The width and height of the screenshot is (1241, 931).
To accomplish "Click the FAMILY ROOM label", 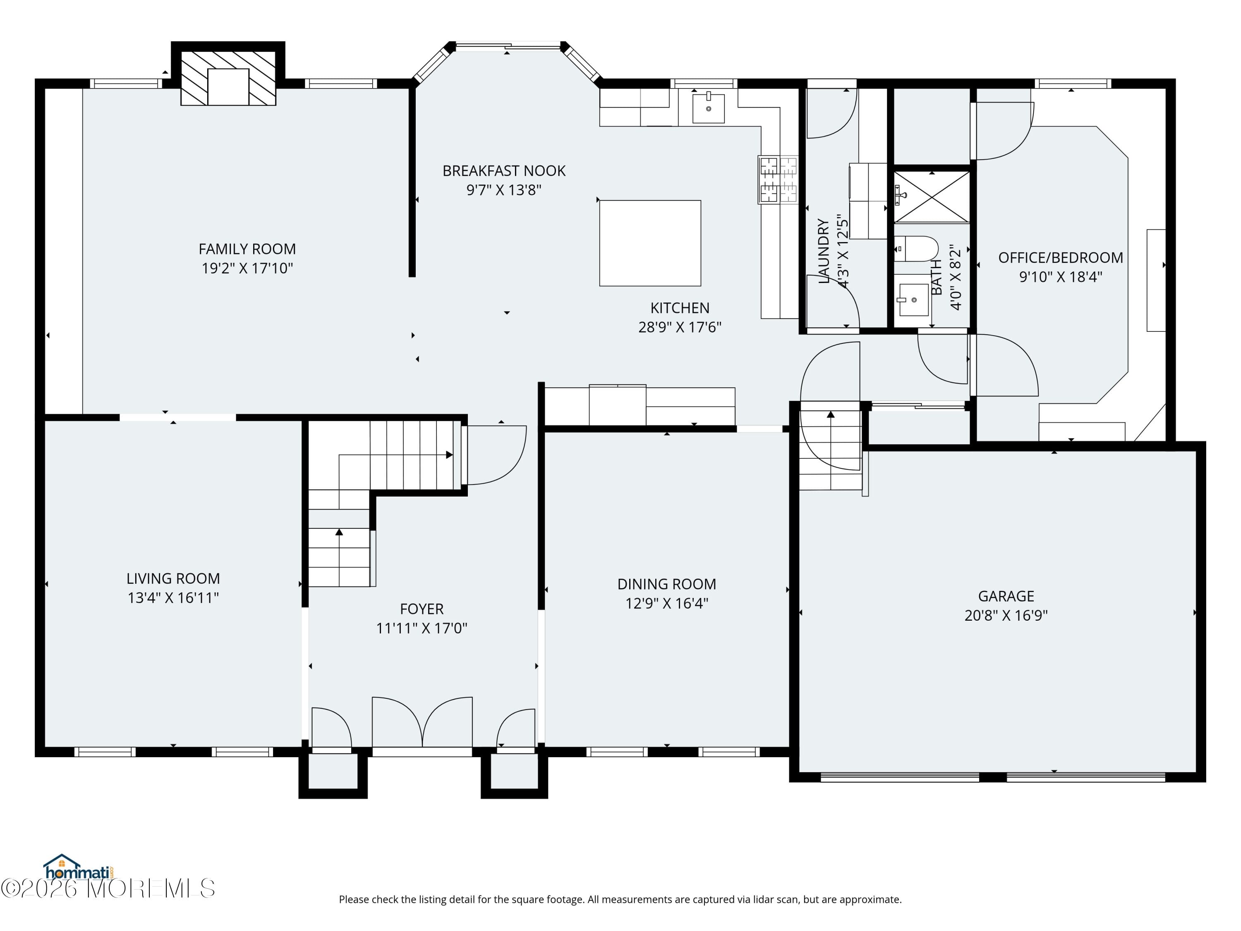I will [x=247, y=249].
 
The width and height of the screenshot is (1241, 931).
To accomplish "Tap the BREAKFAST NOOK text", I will [x=504, y=170].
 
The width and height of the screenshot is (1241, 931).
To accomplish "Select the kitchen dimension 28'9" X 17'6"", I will [x=679, y=327].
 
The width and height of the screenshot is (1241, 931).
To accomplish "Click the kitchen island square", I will [x=650, y=243].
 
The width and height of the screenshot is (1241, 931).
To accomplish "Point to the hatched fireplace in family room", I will [x=228, y=79].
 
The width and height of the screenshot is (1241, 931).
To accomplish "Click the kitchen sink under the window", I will [x=708, y=108].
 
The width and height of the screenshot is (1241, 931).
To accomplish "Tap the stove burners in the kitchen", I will [x=778, y=180].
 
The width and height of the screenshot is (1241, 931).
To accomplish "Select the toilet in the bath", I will [x=915, y=249].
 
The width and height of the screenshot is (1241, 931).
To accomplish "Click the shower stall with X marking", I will [x=931, y=197].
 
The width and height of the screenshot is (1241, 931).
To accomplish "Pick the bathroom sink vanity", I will [x=913, y=300].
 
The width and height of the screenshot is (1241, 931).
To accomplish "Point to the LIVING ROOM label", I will [x=173, y=578].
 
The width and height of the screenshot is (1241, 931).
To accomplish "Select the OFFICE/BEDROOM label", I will [x=1060, y=258].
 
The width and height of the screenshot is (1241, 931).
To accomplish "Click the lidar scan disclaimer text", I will [x=620, y=900].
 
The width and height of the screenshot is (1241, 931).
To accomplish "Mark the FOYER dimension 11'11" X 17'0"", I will [x=422, y=629].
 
